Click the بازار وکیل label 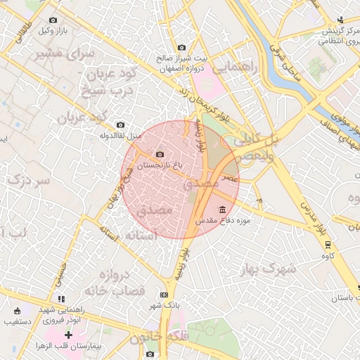pyautogui.click(x=54, y=30)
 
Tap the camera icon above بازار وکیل pyautogui.click(x=54, y=20)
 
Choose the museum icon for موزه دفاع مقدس pyautogui.click(x=223, y=210)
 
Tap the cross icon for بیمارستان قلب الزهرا pyautogui.click(x=68, y=335)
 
